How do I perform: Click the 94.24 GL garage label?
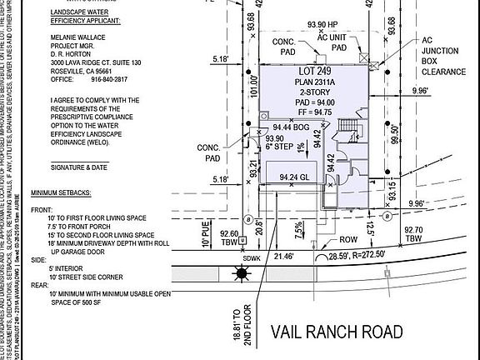click(294, 177)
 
